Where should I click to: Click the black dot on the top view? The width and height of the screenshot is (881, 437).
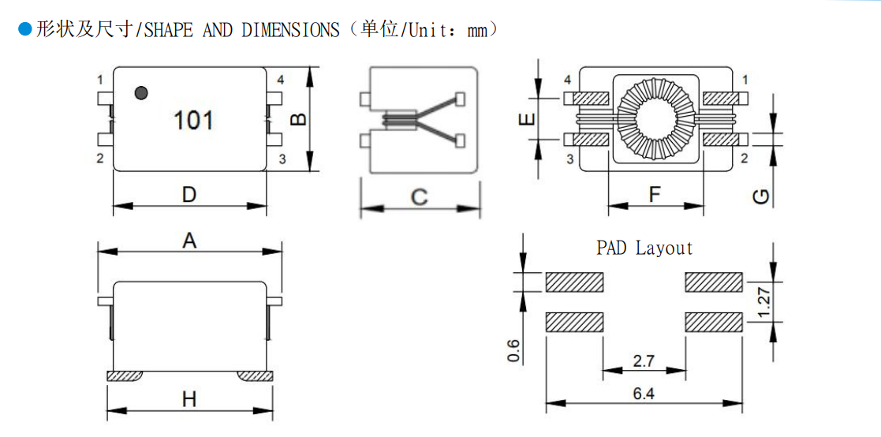point(142,93)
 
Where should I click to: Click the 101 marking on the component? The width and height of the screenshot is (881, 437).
point(193,121)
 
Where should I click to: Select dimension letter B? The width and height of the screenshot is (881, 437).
point(298,119)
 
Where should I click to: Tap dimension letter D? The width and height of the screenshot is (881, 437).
point(189,193)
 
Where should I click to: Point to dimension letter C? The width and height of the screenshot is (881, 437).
point(420,196)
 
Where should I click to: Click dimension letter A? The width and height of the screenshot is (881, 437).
point(189,241)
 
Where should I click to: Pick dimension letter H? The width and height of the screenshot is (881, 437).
point(189,399)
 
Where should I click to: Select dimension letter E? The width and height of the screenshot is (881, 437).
point(526,120)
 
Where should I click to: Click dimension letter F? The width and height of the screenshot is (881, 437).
point(655,194)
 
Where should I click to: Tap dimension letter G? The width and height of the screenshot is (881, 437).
point(760,197)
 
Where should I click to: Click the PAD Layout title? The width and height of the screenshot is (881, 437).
point(644,248)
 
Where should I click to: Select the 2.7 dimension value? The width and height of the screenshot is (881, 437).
point(644,361)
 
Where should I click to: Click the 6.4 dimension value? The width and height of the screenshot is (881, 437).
point(644,394)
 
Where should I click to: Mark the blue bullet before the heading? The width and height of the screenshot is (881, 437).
point(24,30)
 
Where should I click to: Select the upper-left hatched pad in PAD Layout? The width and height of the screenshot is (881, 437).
point(574,282)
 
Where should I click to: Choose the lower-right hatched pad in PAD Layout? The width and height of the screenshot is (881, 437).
point(714,321)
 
